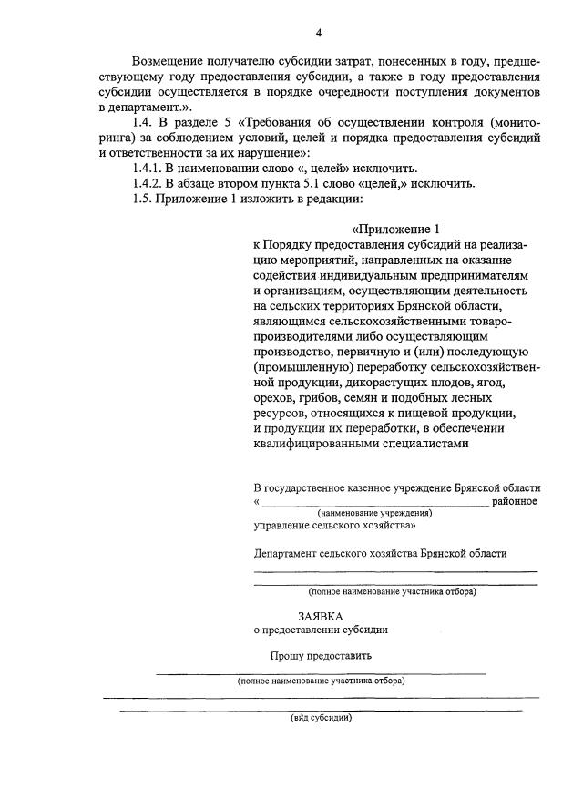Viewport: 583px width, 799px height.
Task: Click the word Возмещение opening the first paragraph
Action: point(169,60)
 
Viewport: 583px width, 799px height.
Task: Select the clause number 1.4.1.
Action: point(148,169)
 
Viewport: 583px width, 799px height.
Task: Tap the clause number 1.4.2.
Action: point(148,183)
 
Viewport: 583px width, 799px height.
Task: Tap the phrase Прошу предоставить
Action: point(320,656)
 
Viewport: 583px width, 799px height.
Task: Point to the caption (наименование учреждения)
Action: point(375,513)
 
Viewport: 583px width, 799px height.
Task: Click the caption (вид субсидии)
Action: point(321,716)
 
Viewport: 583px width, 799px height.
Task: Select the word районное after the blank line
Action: point(515,501)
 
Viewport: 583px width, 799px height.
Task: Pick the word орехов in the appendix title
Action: point(275,398)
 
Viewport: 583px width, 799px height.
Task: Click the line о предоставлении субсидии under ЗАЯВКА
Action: point(321,630)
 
